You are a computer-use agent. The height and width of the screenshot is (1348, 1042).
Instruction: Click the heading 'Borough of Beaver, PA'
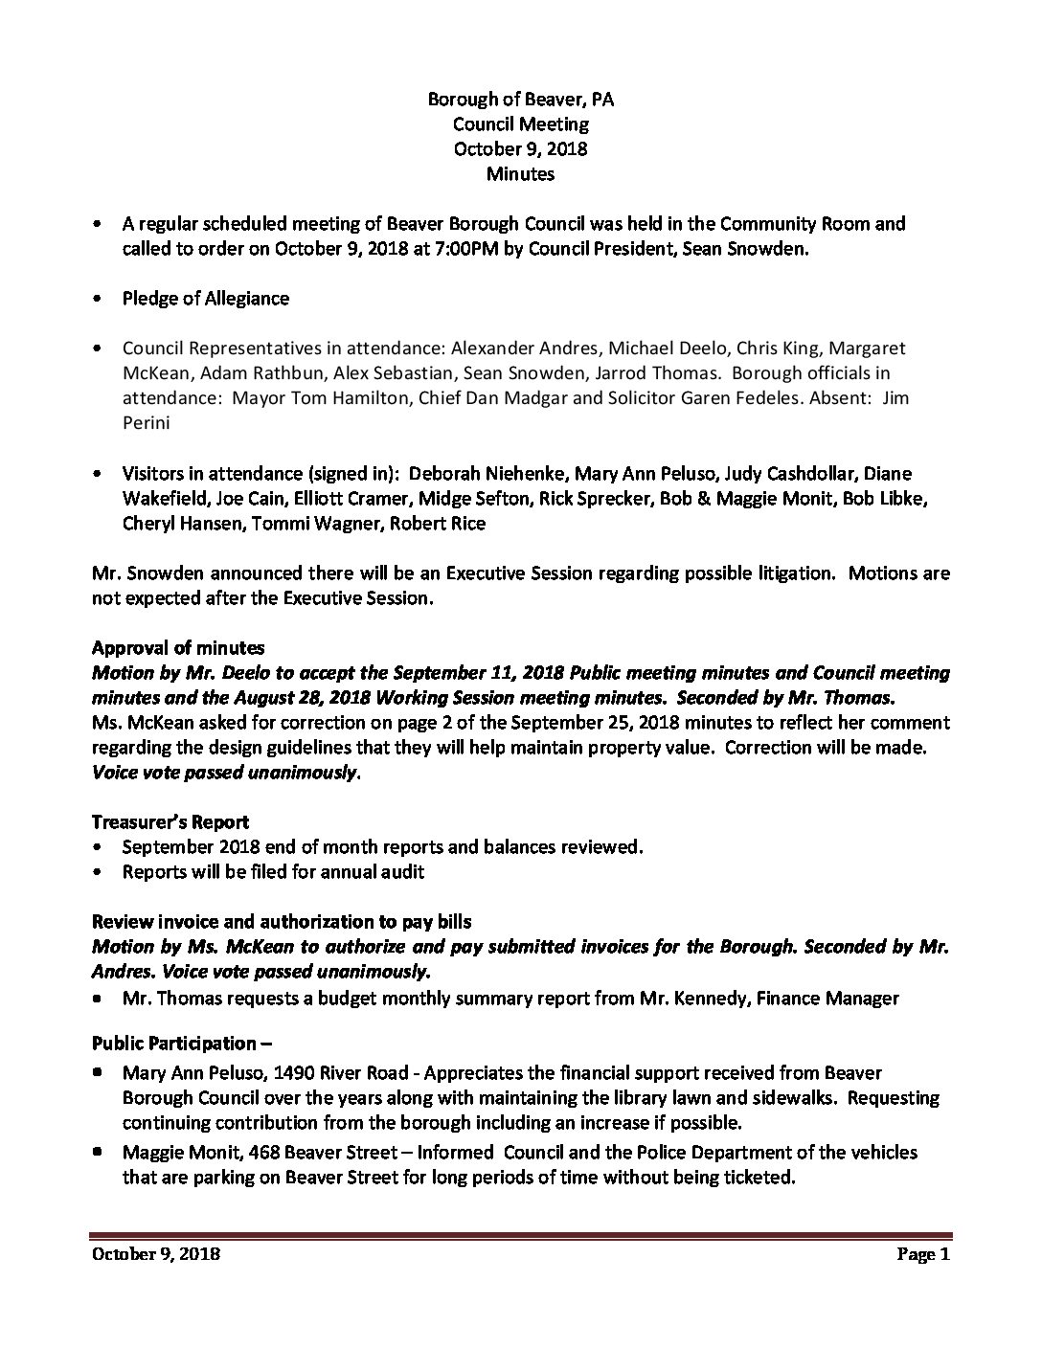[520, 100]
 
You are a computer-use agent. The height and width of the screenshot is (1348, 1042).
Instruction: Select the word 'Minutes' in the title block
[520, 174]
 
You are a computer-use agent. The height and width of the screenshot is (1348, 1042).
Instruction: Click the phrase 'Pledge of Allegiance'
[205, 299]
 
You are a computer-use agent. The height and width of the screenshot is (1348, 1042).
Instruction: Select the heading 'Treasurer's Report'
[170, 822]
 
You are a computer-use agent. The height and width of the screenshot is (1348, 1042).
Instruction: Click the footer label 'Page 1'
[922, 1254]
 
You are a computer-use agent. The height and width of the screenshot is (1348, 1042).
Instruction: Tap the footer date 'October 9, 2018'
[156, 1254]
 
